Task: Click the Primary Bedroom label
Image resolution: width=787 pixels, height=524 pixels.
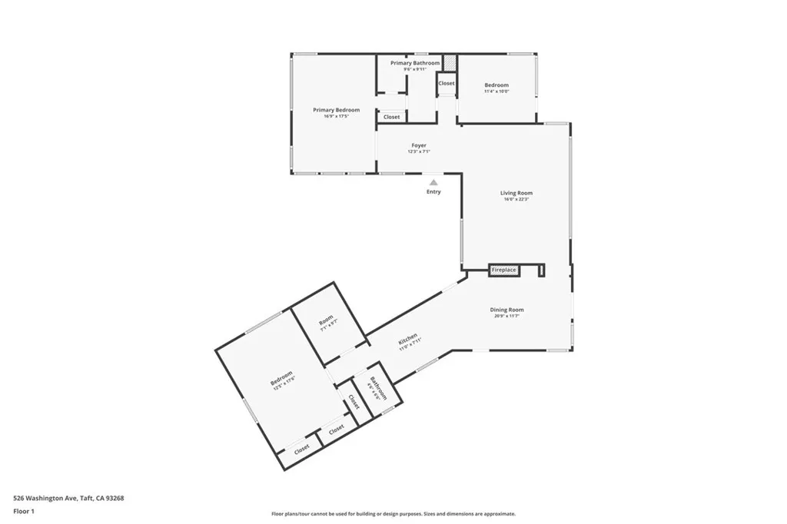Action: (336, 111)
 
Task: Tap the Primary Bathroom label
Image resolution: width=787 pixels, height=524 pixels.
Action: (415, 63)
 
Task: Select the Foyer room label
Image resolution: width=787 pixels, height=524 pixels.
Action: (418, 145)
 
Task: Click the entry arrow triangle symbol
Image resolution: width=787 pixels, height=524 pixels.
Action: (433, 182)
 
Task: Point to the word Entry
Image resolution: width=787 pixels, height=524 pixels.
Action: (433, 191)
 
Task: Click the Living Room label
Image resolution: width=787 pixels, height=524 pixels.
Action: (516, 194)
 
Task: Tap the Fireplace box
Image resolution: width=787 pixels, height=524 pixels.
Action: (504, 270)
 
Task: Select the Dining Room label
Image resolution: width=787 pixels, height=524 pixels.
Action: (506, 310)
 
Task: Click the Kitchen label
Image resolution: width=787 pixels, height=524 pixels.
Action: (408, 339)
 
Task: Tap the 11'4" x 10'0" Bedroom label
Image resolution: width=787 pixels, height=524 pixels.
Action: (496, 85)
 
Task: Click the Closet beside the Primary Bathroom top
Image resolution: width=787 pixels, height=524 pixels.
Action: (447, 83)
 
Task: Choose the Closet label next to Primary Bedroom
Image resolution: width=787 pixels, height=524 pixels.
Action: (392, 117)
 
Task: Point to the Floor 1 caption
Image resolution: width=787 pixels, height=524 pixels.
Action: (24, 511)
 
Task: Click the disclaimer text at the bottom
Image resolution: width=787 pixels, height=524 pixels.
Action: (393, 514)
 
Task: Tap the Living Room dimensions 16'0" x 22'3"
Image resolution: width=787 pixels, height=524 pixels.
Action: (516, 200)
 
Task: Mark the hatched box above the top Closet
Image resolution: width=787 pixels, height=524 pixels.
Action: (450, 62)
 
